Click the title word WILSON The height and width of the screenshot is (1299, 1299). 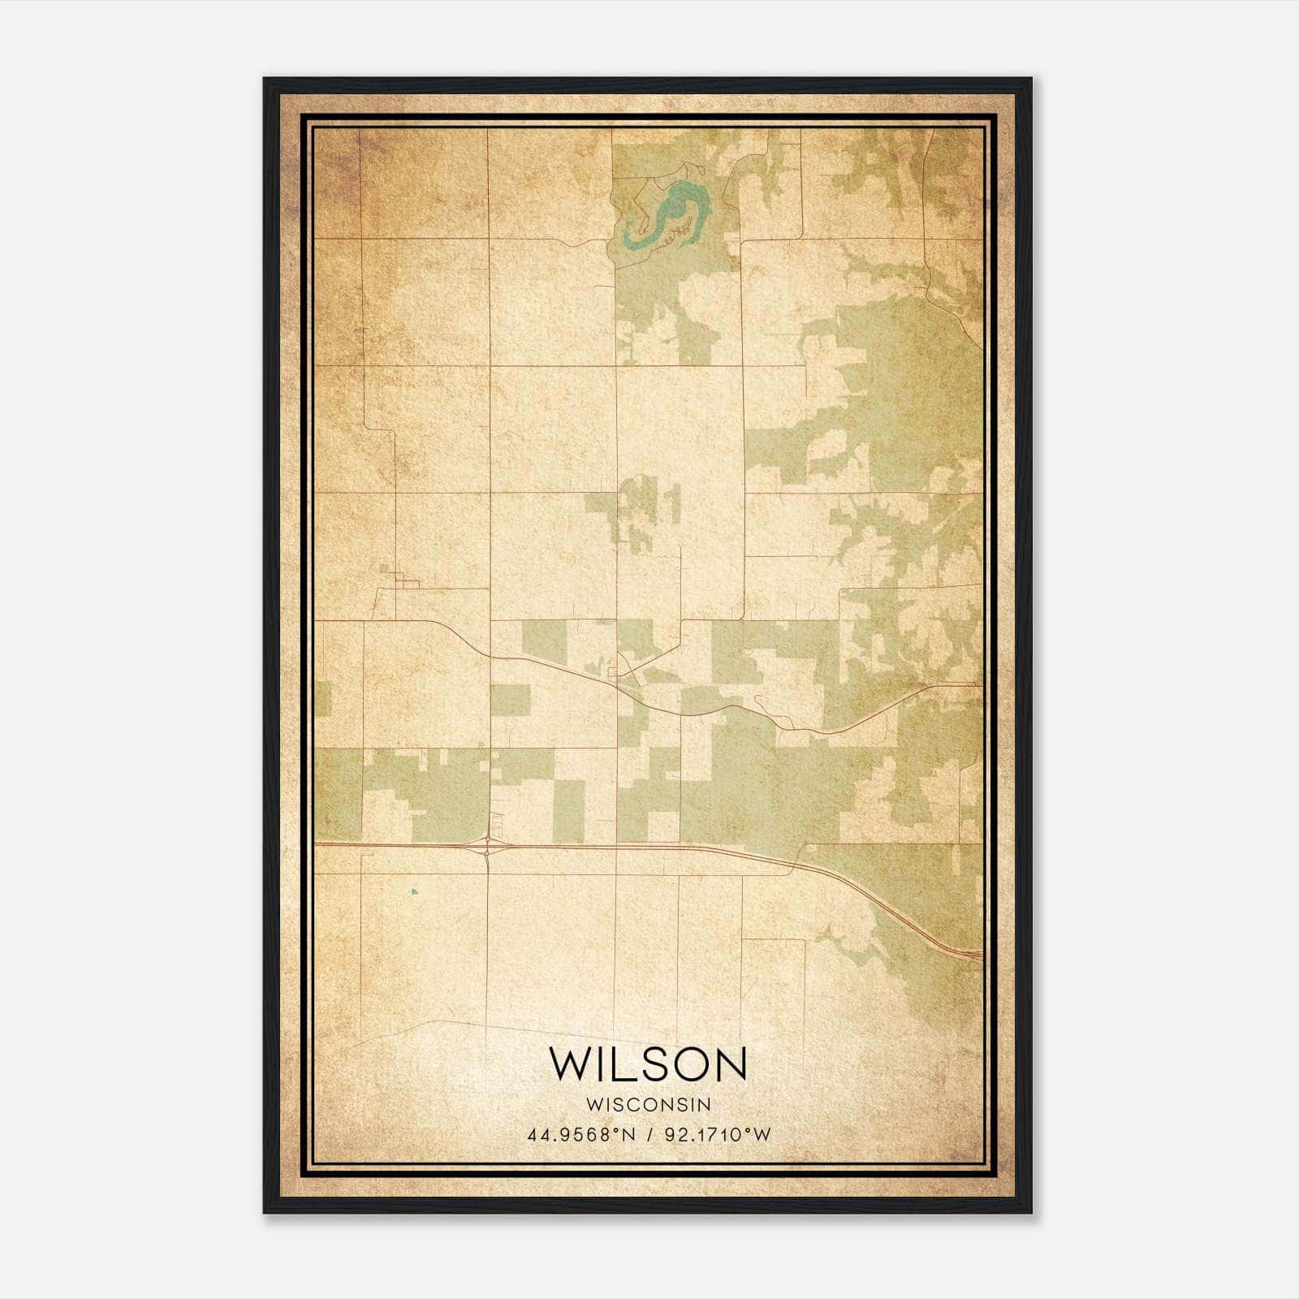pyautogui.click(x=648, y=1064)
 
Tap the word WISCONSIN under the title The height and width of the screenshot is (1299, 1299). pyautogui.click(x=648, y=1105)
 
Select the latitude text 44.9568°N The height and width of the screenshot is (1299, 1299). pyautogui.click(x=581, y=1135)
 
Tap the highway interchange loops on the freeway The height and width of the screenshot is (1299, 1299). pyautogui.click(x=487, y=849)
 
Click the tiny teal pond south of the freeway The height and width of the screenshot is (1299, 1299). pyautogui.click(x=414, y=891)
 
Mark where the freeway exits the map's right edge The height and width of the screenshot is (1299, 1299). pyautogui.click(x=980, y=956)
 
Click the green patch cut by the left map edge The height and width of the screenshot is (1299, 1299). pyautogui.click(x=322, y=699)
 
